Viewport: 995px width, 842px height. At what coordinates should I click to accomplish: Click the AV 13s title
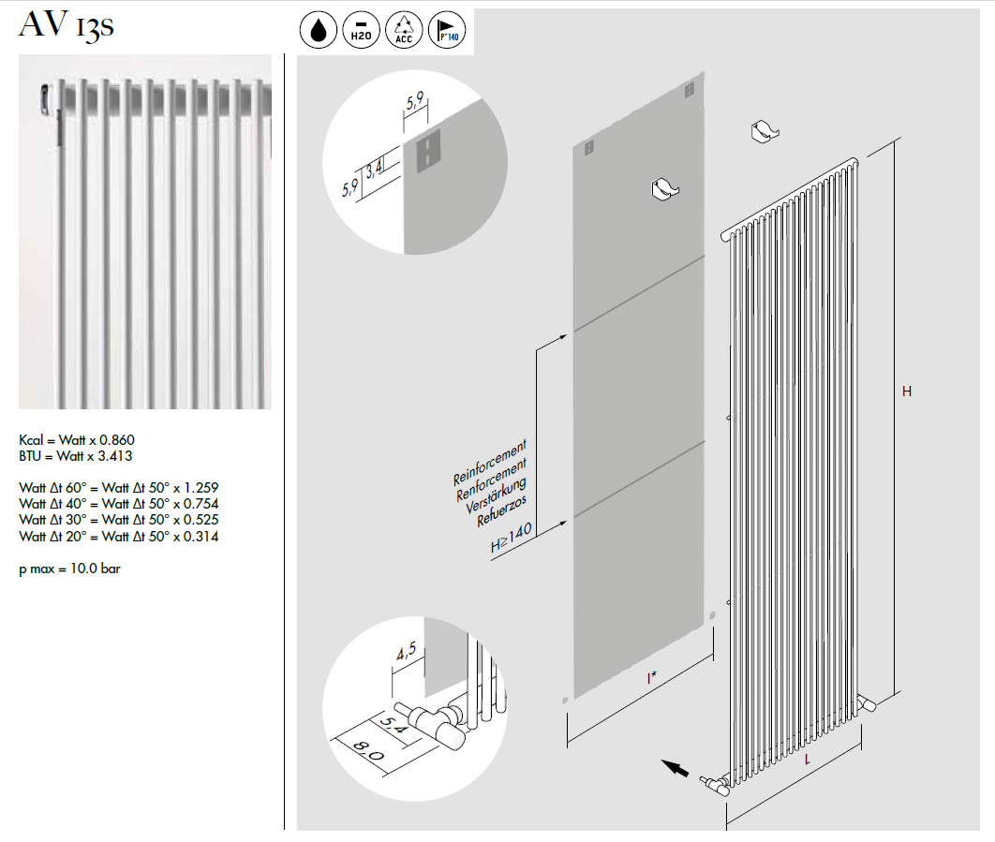coord(66,26)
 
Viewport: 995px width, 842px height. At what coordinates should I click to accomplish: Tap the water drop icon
coord(318,30)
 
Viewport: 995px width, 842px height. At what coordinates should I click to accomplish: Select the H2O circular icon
coord(361,30)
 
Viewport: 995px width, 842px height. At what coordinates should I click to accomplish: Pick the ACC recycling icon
coord(404,30)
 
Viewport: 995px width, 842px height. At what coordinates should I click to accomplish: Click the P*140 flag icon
coord(447,30)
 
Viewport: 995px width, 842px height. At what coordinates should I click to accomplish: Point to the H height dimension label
coord(907,391)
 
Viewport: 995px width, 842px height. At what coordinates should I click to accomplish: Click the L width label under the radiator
coord(808,759)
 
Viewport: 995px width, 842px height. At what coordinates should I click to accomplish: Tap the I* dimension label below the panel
coord(652,678)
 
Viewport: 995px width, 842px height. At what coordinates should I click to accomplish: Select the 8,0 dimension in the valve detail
coord(368,751)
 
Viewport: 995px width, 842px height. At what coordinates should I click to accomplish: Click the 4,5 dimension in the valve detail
coord(406,651)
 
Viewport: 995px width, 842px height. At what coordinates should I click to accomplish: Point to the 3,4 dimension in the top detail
coord(375,169)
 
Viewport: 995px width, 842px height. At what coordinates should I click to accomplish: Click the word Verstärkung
coord(496,495)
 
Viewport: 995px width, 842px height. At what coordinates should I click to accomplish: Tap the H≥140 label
coord(511,539)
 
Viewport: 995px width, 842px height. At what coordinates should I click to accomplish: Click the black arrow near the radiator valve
coord(676,768)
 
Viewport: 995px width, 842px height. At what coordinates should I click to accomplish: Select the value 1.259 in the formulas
coord(201,488)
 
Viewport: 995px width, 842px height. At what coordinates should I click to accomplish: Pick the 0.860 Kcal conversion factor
coord(117,439)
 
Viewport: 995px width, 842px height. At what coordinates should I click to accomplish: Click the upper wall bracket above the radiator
coord(765,132)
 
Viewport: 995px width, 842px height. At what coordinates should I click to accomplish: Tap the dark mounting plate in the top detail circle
coord(428,151)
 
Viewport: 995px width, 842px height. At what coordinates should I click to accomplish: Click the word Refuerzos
coord(501,510)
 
